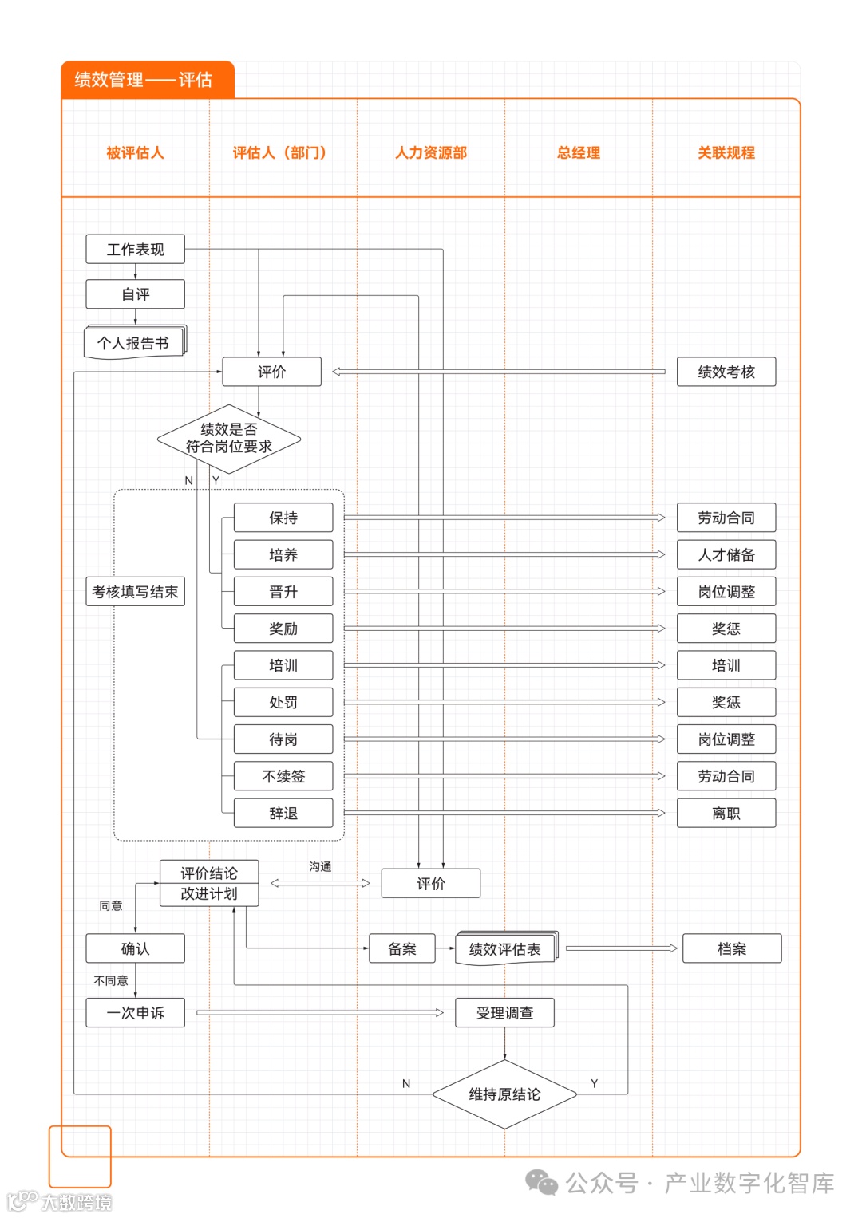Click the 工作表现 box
click(135, 250)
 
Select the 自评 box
click(135, 294)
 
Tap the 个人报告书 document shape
click(134, 343)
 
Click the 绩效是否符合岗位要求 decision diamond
click(229, 439)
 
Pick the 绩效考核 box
click(726, 372)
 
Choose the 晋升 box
click(283, 592)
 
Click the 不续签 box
click(283, 776)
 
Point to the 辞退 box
click(283, 814)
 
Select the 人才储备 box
click(726, 554)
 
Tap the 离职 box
click(726, 814)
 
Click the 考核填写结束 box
click(135, 592)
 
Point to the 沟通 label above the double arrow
click(320, 867)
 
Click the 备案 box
click(402, 948)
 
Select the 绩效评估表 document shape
click(505, 949)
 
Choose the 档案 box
click(731, 948)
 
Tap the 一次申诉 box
click(135, 1013)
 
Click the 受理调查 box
click(504, 1013)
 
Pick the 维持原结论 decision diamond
click(504, 1094)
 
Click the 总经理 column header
click(579, 152)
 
